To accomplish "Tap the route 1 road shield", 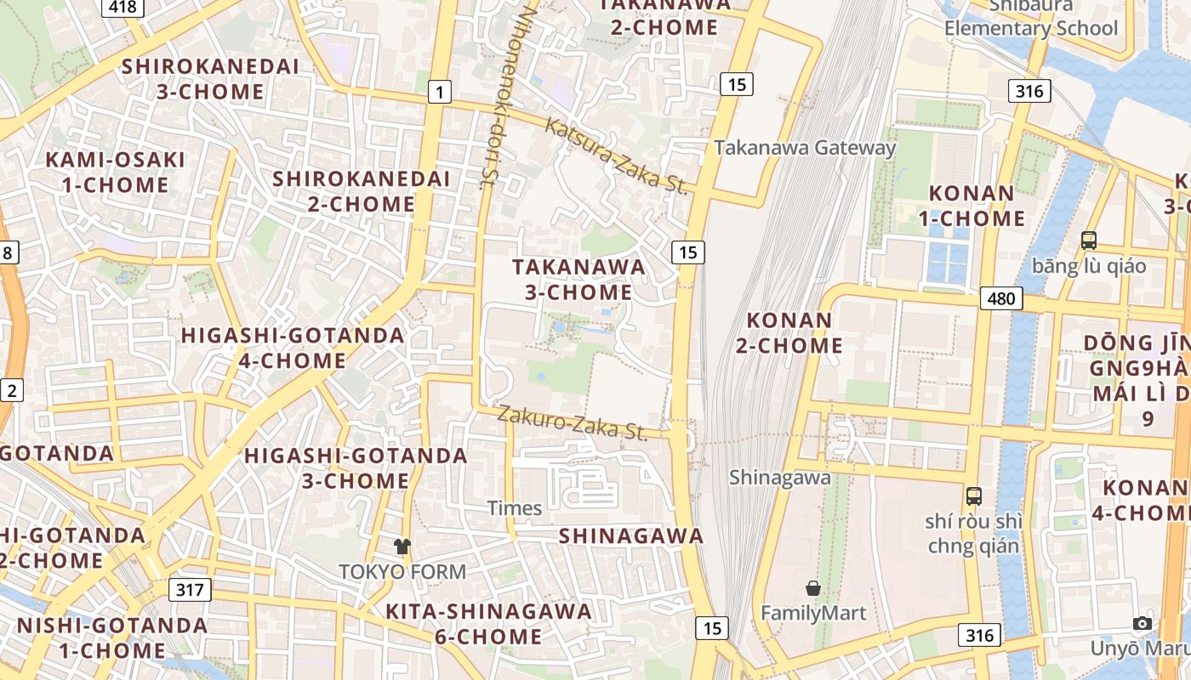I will [439, 92].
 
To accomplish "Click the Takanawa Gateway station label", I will [805, 147].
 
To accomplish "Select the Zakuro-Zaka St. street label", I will [573, 422].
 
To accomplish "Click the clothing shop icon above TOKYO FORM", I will [402, 547].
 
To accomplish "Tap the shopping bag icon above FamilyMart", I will [813, 588].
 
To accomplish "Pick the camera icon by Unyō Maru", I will [1143, 623].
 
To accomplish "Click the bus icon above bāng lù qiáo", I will [1089, 241].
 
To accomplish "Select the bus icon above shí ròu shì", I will [974, 496].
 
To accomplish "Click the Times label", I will [515, 508].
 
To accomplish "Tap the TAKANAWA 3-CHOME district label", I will [578, 279].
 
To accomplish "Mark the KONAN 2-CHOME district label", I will [795, 333].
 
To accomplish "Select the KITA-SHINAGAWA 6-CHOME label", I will [488, 623].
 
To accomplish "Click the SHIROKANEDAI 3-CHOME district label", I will [210, 78].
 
